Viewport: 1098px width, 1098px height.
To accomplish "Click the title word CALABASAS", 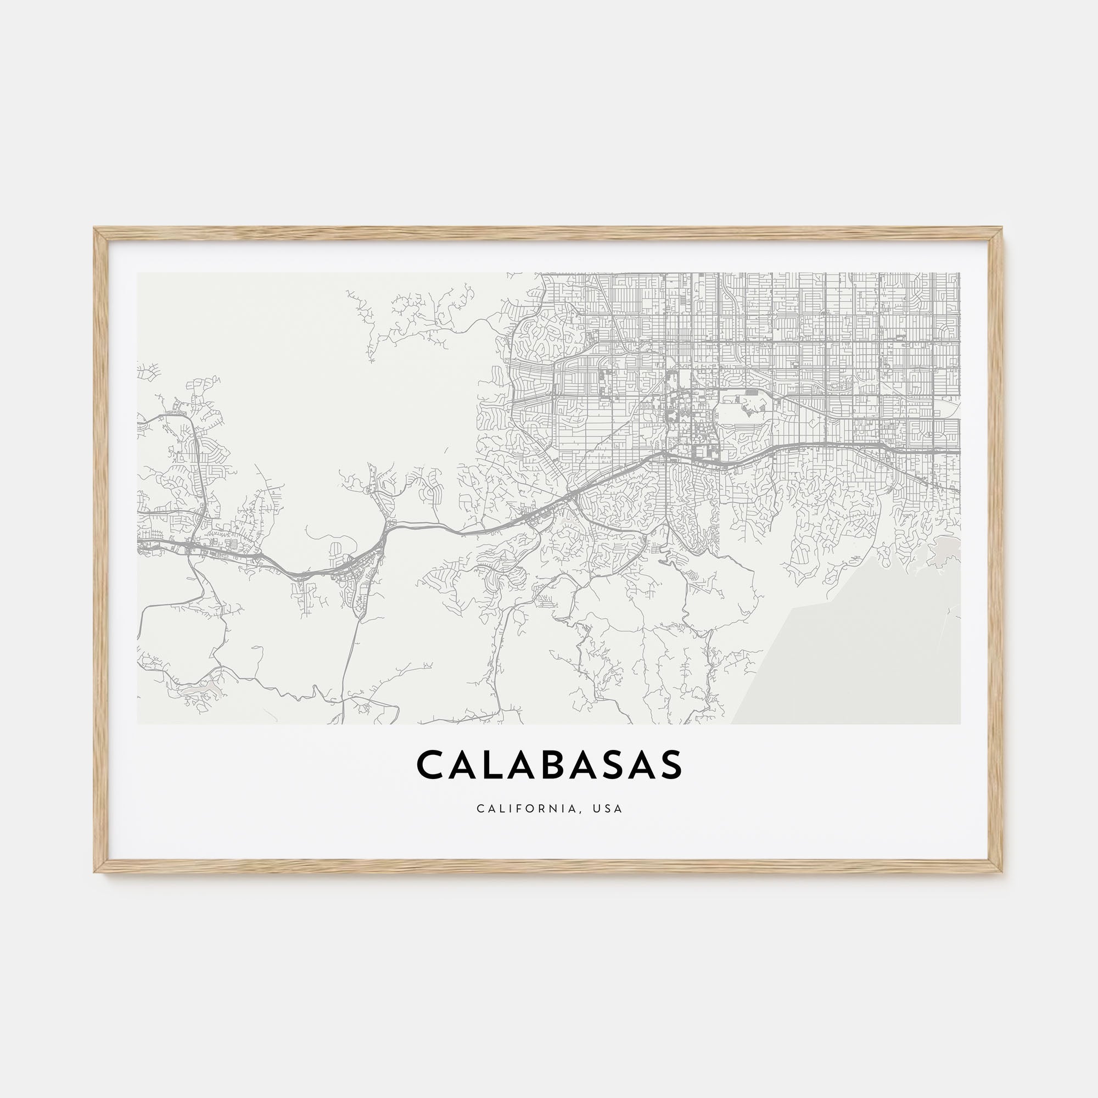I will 549,765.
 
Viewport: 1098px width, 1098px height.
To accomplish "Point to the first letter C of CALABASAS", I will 431,765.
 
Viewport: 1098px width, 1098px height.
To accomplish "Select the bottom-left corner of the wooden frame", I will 96,870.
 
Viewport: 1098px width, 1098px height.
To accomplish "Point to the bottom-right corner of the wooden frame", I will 1001,870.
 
